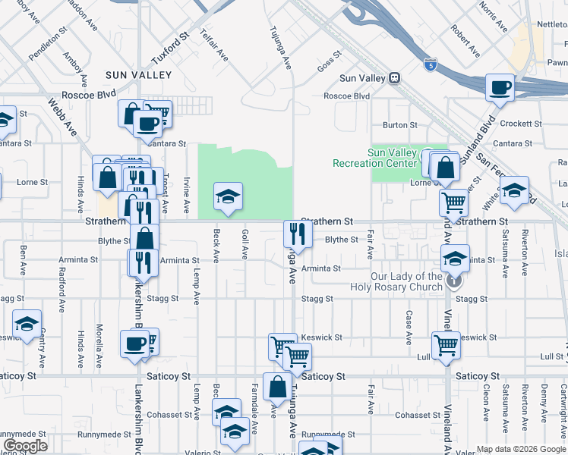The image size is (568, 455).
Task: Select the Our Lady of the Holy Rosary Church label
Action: pos(396,281)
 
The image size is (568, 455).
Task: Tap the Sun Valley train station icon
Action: pos(394,78)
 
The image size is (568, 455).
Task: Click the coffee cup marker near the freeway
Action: pos(500,89)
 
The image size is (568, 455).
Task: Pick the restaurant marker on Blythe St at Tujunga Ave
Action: pos(297,234)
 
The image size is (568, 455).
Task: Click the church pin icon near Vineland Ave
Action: pos(453,281)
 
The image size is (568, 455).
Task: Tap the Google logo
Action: pos(25,446)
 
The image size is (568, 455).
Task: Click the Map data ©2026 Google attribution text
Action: pos(520,449)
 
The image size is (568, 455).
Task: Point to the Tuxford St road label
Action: pos(169,49)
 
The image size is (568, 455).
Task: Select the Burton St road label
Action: pos(400,125)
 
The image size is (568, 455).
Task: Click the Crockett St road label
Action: pos(521,124)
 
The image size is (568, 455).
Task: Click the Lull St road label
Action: pos(551,356)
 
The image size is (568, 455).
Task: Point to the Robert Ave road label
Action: pos(464,41)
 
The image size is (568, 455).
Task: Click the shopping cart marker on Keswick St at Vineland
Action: pos(446,344)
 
